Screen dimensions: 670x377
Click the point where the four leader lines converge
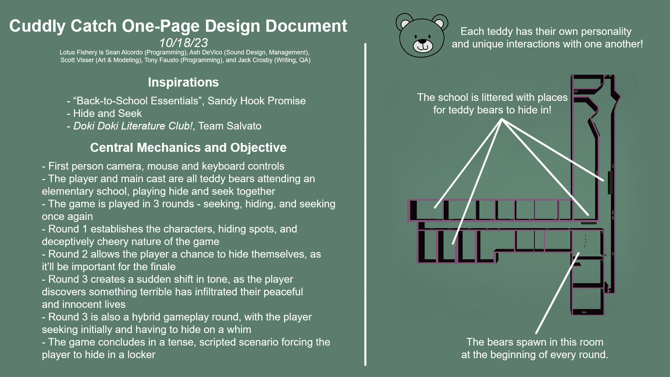(x=501, y=119)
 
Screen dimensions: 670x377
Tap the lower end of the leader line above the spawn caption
(x=536, y=333)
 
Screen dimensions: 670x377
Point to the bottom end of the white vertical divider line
(x=365, y=365)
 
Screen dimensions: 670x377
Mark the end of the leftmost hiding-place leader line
(x=435, y=208)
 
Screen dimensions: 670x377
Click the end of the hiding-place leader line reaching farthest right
(x=603, y=180)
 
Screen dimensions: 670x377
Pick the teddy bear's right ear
(x=440, y=23)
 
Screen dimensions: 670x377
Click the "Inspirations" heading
(x=183, y=82)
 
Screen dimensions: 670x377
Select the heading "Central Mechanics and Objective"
(x=188, y=148)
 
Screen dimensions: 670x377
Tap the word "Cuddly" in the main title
(x=37, y=27)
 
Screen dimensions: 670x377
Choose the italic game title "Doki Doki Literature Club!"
(x=133, y=126)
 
